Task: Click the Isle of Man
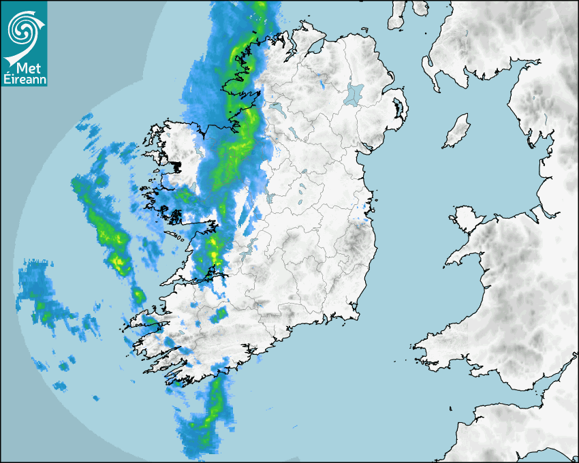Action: (457, 131)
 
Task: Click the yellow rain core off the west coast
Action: (119, 262)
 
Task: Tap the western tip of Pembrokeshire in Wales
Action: (415, 349)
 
